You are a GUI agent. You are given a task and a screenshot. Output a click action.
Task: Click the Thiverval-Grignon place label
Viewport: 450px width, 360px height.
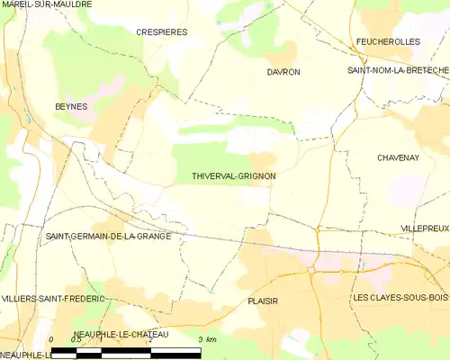coord(233,176)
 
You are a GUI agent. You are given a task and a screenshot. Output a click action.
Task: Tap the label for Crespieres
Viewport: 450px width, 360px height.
coord(162,31)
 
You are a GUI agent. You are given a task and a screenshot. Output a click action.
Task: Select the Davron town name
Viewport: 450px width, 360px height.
coord(283,71)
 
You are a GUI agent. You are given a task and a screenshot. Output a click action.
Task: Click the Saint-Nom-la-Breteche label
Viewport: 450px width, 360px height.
coord(399,70)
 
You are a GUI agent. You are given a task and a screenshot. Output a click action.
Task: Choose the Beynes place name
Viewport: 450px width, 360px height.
coord(71,106)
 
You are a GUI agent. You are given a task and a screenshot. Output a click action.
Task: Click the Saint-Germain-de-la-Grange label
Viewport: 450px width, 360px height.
coord(107,237)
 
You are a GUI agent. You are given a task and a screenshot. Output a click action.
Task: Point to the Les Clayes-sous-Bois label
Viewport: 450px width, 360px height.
coord(400,298)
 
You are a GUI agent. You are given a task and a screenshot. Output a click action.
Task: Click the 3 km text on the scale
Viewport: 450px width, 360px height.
coord(206,339)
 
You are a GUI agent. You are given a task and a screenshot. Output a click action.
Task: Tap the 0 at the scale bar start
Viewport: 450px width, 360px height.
coord(52,339)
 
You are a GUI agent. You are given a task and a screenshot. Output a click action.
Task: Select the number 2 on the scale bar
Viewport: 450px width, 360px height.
coord(150,339)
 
